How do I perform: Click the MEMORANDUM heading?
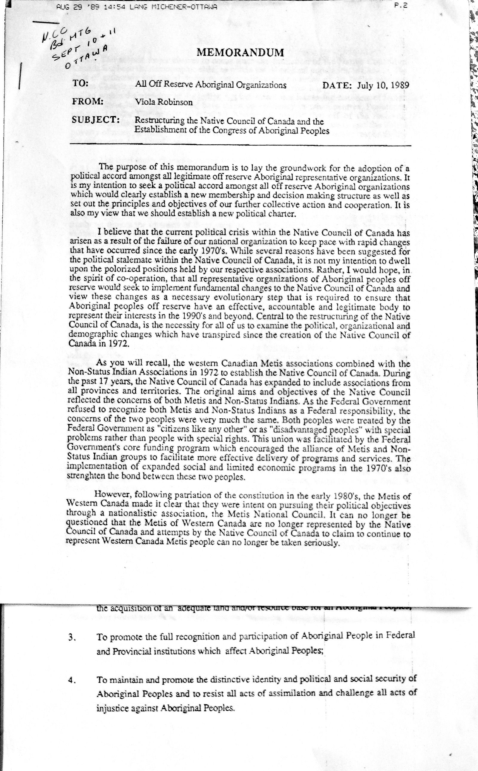[x=240, y=52]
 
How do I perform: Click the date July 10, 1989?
[x=384, y=85]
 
